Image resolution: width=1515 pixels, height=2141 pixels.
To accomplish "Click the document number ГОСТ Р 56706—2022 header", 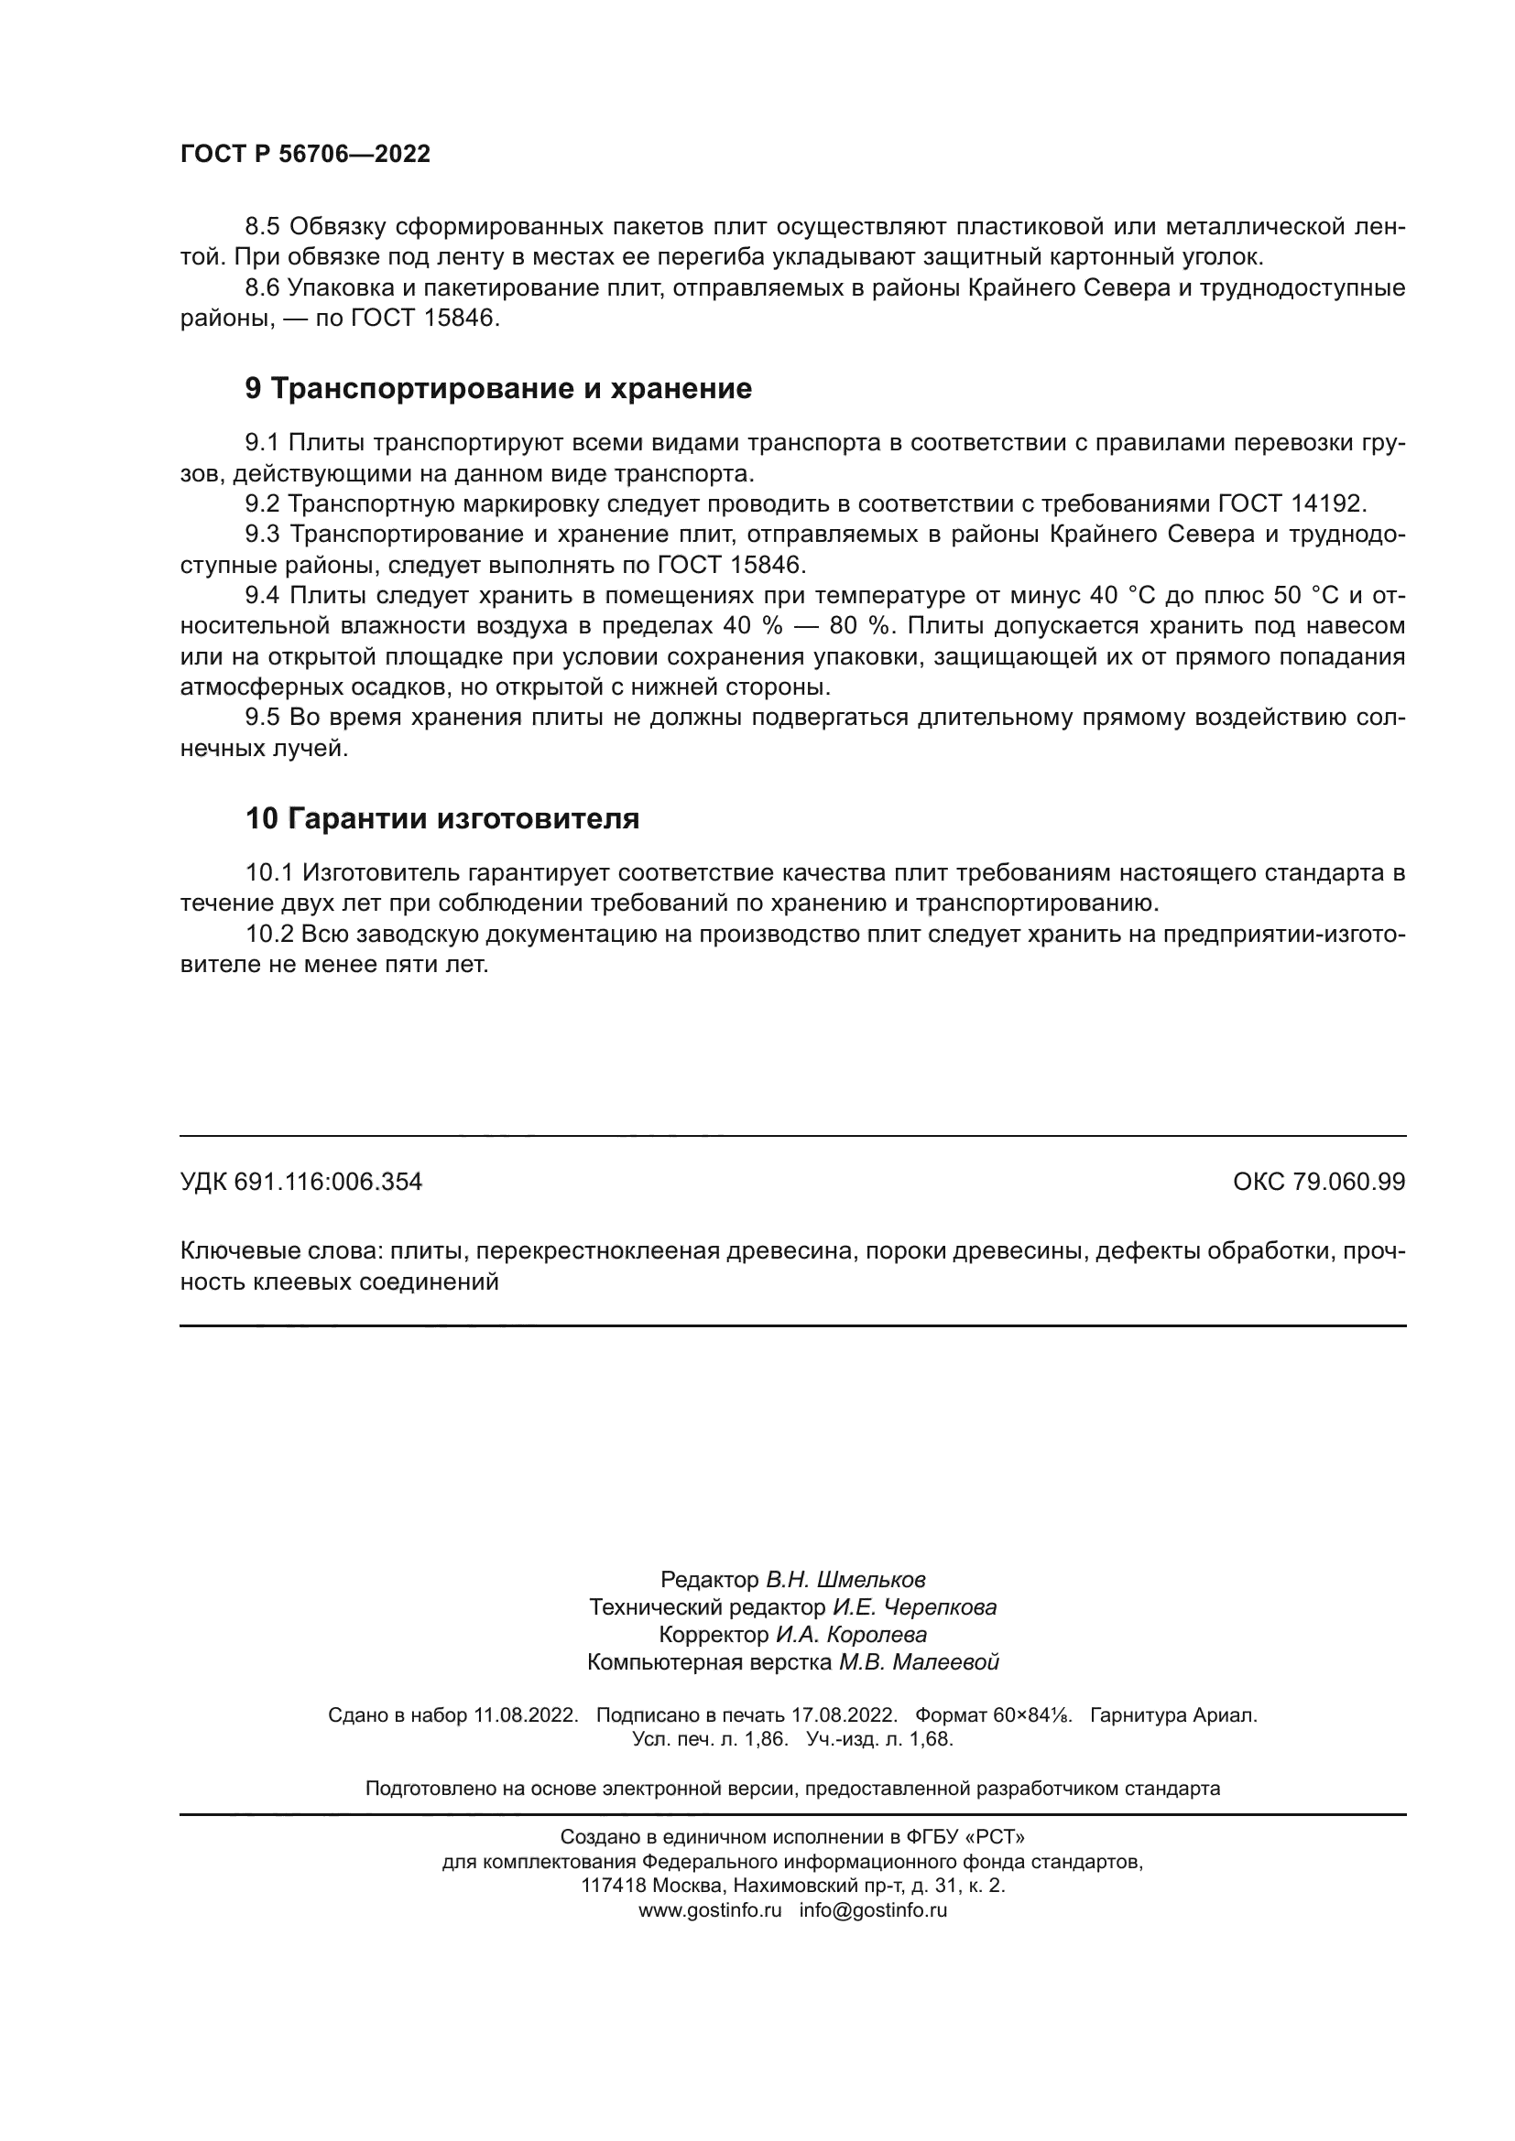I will [x=305, y=154].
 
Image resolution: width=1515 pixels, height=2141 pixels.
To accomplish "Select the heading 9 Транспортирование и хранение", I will [x=498, y=388].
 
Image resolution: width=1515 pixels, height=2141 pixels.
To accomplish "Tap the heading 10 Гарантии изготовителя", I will [x=442, y=817].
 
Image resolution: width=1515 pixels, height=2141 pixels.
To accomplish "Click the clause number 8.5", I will [x=262, y=227].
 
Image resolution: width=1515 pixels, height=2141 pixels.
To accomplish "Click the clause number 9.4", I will [x=262, y=596].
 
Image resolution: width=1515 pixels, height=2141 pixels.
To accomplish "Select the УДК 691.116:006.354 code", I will [x=300, y=1182].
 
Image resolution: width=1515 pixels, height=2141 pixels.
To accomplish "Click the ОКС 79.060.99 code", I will [x=1318, y=1182].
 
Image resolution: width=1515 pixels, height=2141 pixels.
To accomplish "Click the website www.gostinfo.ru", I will [x=709, y=1909].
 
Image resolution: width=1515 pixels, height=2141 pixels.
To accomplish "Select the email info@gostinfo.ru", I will [x=872, y=1909].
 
